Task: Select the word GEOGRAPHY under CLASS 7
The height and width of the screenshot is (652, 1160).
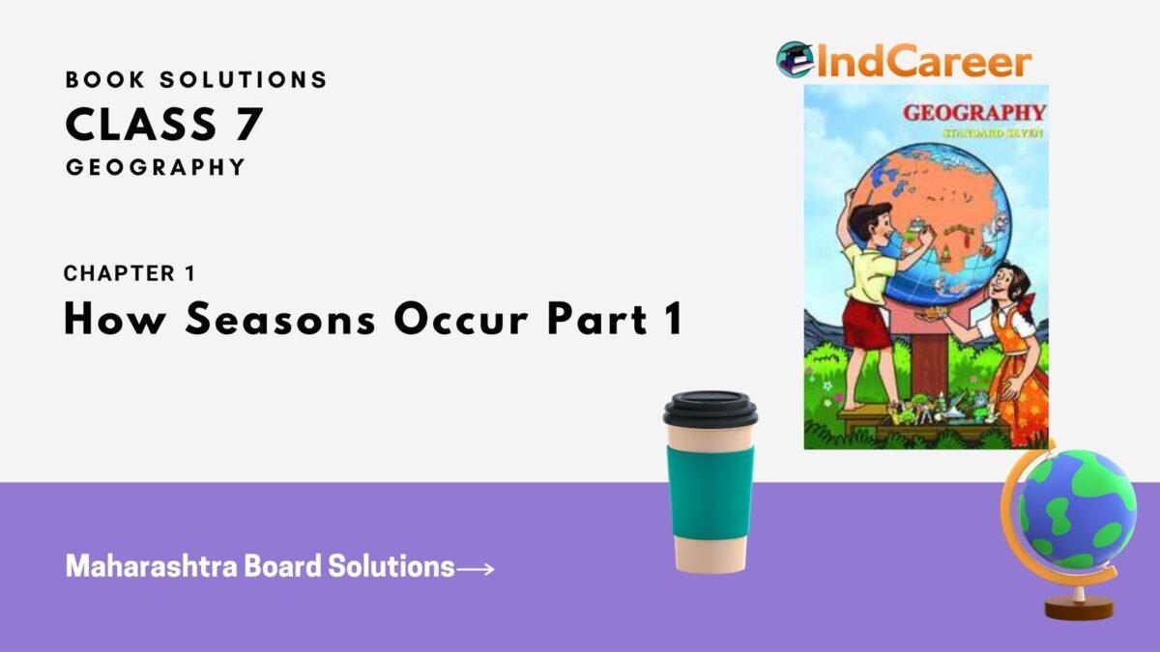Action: click(156, 167)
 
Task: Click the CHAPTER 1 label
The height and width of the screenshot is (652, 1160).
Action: click(130, 273)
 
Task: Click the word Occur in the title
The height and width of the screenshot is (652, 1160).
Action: click(450, 319)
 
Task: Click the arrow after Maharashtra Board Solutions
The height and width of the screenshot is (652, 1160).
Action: click(476, 569)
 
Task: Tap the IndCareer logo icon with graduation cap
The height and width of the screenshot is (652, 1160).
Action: click(794, 60)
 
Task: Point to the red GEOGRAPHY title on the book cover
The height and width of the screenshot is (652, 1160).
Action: click(973, 112)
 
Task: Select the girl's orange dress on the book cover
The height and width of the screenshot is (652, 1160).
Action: click(1017, 377)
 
